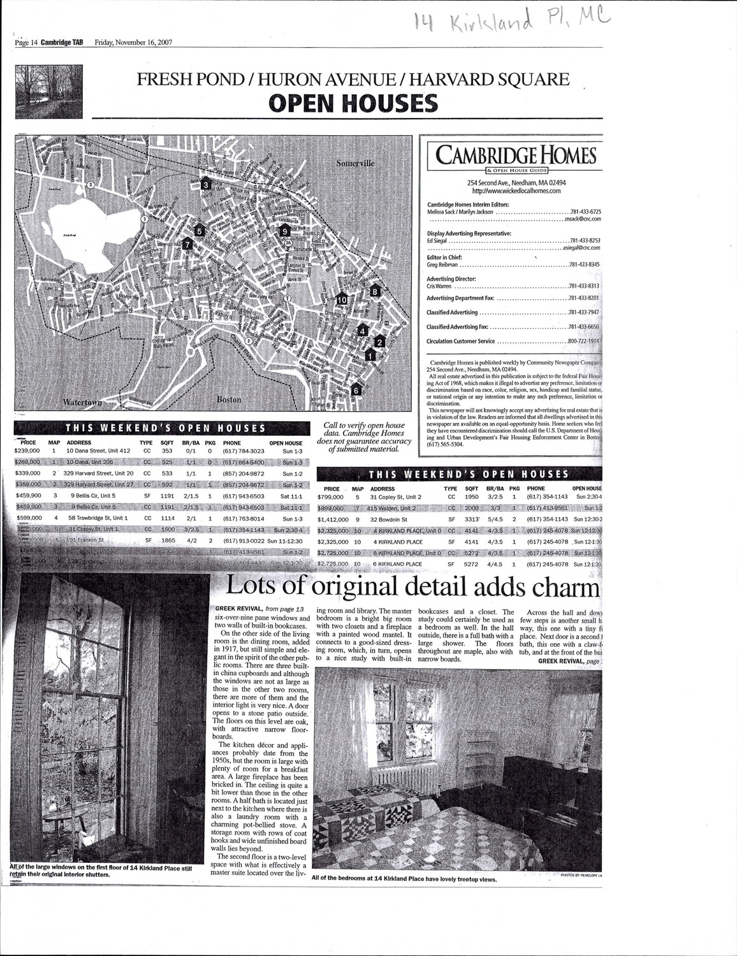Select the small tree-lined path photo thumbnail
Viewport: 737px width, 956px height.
pos(51,92)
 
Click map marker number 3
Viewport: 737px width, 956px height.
pos(205,184)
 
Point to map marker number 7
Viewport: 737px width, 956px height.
pos(187,243)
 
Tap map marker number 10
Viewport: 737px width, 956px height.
pos(342,298)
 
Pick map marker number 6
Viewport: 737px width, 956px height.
pos(356,389)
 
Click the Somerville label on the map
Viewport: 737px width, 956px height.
pos(356,163)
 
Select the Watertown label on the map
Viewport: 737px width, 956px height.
pos(82,403)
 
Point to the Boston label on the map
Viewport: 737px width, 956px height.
pos(229,400)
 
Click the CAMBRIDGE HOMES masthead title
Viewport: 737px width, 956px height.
pos(516,155)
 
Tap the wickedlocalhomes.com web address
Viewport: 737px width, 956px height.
pos(516,190)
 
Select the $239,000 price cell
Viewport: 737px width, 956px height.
pos(27,451)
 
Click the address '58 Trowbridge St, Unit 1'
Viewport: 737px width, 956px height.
pos(98,518)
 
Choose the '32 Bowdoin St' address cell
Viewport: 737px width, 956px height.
pos(391,519)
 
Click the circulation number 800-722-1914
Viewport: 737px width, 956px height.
pos(583,341)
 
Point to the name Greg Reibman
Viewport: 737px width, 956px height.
pos(442,264)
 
